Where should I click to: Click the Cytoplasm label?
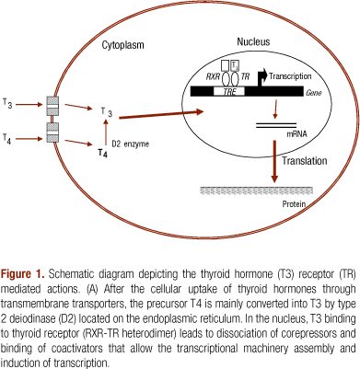click(x=122, y=45)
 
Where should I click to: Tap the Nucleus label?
click(x=253, y=41)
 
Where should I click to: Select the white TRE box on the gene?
click(x=229, y=91)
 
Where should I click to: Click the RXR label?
click(x=213, y=76)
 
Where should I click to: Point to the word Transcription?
click(x=290, y=76)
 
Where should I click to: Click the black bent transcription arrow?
click(x=262, y=77)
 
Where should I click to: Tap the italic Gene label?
click(x=313, y=92)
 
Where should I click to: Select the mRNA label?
click(x=296, y=134)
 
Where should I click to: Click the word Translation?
click(x=305, y=161)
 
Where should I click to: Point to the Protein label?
click(x=294, y=204)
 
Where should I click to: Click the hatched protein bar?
click(x=257, y=190)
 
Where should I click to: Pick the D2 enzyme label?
click(x=130, y=144)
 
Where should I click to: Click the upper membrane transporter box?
click(x=52, y=106)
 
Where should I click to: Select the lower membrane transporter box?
click(x=52, y=133)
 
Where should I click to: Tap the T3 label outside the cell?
click(x=7, y=103)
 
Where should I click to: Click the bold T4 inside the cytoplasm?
click(x=102, y=153)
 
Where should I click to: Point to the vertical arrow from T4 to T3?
click(x=106, y=132)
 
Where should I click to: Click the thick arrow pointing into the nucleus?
click(x=161, y=114)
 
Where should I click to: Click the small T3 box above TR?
click(x=235, y=65)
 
